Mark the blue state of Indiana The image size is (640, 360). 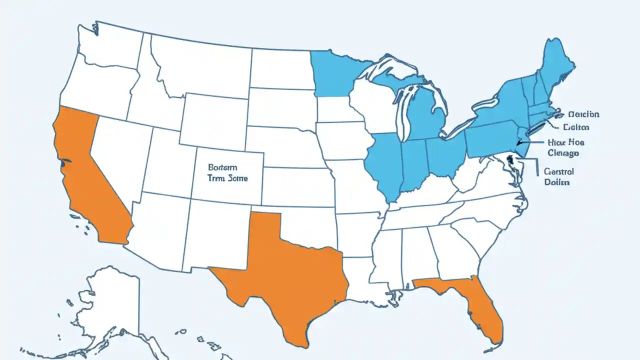pyautogui.click(x=413, y=165)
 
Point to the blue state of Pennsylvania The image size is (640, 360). pyautogui.click(x=490, y=140)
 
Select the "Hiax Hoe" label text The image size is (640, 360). pyautogui.click(x=565, y=142)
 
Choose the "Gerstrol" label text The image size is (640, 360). pyautogui.click(x=558, y=171)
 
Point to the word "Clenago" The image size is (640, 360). pyautogui.click(x=565, y=153)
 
